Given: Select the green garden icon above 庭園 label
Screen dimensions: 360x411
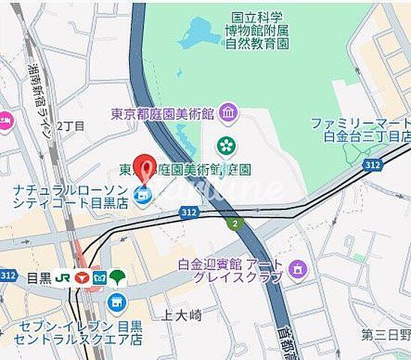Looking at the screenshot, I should click(x=224, y=145).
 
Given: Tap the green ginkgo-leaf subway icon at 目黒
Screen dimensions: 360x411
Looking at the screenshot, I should click(x=118, y=277).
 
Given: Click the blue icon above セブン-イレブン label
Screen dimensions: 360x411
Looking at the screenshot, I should click(x=115, y=302).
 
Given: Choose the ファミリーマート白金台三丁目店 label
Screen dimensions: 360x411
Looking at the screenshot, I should click(x=361, y=129).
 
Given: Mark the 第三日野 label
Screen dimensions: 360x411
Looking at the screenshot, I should click(x=385, y=334).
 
